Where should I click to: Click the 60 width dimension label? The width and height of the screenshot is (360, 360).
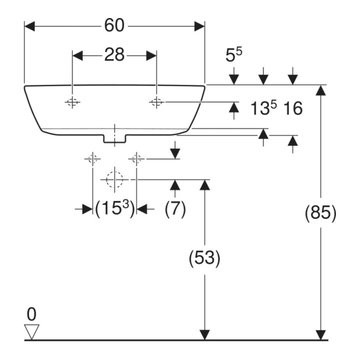[x=114, y=25]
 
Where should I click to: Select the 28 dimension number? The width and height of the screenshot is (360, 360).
[x=114, y=54]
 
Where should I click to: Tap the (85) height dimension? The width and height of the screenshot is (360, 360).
[x=320, y=212]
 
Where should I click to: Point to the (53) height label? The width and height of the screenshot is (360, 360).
[x=204, y=258]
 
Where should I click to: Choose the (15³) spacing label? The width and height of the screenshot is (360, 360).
[x=114, y=208]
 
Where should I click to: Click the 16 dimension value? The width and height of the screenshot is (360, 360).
[x=293, y=108]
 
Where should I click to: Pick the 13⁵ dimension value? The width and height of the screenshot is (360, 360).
[x=263, y=108]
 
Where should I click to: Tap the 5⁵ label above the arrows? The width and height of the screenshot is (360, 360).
[x=233, y=55]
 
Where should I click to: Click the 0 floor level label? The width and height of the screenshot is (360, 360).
[x=31, y=314]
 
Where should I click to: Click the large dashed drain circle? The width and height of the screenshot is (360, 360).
[x=114, y=179]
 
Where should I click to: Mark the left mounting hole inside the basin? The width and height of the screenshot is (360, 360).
[x=72, y=102]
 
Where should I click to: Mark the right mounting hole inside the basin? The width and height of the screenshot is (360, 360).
[x=156, y=102]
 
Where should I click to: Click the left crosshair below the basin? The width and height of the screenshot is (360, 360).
[x=92, y=158]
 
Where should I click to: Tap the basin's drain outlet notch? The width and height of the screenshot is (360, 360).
[x=114, y=139]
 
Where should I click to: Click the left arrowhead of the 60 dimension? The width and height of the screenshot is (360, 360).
[x=29, y=26]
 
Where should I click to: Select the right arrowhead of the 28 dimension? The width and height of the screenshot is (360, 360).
[x=151, y=56]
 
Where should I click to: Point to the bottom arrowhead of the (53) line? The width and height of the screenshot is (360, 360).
[x=204, y=334]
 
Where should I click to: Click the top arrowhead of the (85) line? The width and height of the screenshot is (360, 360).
[x=320, y=90]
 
